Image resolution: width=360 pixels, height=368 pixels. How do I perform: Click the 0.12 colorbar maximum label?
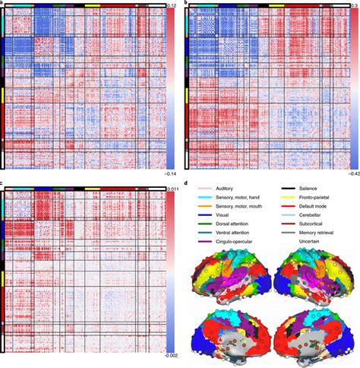pos(173,5)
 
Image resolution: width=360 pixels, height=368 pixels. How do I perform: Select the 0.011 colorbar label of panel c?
pos(172,186)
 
